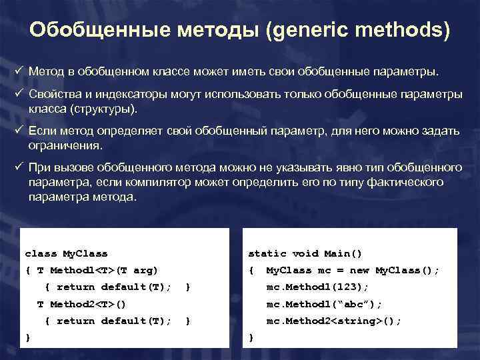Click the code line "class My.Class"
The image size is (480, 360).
[66, 253]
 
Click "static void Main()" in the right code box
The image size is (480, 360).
[305, 253]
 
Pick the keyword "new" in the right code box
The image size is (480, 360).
[359, 270]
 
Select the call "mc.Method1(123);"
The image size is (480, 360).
[317, 287]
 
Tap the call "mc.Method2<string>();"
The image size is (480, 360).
[333, 321]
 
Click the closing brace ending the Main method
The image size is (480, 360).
[251, 337]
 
